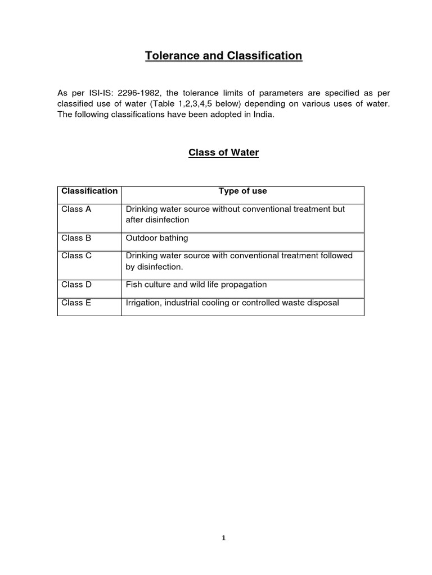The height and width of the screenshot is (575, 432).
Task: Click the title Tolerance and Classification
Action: pyautogui.click(x=223, y=56)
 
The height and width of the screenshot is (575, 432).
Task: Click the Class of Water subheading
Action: pyautogui.click(x=223, y=153)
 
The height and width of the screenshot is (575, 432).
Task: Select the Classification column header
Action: pyautogui.click(x=89, y=191)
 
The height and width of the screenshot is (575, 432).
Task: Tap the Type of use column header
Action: pyautogui.click(x=242, y=191)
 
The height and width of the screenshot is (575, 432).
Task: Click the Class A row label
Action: pyautogui.click(x=76, y=209)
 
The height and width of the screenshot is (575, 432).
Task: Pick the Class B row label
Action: pyautogui.click(x=76, y=238)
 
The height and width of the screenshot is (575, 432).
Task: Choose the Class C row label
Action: pyautogui.click(x=76, y=255)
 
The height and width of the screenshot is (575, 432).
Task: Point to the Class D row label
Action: pyautogui.click(x=76, y=285)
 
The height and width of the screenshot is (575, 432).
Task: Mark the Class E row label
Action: pyautogui.click(x=76, y=303)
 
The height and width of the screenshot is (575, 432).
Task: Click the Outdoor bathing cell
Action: pyautogui.click(x=157, y=238)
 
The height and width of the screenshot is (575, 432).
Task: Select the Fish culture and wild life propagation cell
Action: pyautogui.click(x=196, y=285)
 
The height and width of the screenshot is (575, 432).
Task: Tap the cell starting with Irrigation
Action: pyautogui.click(x=232, y=303)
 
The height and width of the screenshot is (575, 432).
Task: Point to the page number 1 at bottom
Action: pyautogui.click(x=223, y=537)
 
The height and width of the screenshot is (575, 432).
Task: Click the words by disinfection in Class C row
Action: pyautogui.click(x=154, y=267)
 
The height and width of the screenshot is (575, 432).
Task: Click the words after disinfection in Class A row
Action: pyautogui.click(x=157, y=220)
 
